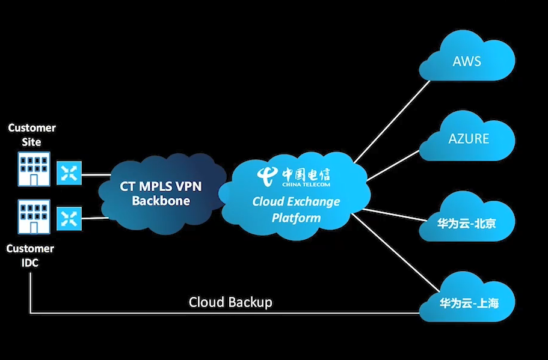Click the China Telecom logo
[x=295, y=176]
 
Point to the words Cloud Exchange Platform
[x=296, y=209]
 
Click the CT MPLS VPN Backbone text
[x=161, y=194]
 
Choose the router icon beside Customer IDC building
[x=69, y=218]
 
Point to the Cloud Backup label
[x=230, y=302]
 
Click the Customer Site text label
[x=31, y=135]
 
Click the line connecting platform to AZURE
[x=394, y=165]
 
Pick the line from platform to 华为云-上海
[x=394, y=252]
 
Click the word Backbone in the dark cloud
[x=161, y=201]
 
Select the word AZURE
[x=469, y=138]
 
